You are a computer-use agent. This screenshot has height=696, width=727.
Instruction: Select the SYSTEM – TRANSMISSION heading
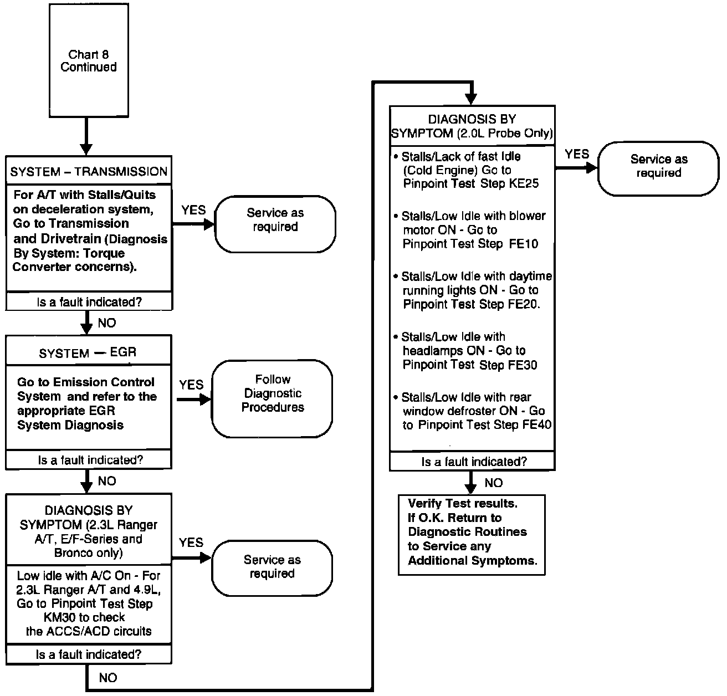pos(89,171)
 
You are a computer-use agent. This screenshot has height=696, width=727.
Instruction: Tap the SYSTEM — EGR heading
pos(88,352)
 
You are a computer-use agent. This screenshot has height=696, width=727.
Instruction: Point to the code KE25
pos(524,183)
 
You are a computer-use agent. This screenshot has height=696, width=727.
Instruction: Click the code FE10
pos(523,244)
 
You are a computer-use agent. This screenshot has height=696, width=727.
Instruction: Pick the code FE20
pos(523,304)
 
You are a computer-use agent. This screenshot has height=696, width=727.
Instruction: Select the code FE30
pos(523,365)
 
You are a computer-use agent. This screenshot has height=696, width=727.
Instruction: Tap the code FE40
pos(537,425)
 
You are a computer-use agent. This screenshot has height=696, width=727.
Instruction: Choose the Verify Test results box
pos(472,532)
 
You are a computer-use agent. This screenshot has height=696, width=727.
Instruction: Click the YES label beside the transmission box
pos(193,210)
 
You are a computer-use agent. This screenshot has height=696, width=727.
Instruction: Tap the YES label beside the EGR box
pos(191,385)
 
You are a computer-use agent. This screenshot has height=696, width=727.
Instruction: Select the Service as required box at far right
pos(658,166)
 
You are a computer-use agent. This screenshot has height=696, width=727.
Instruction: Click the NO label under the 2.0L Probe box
pos(493,483)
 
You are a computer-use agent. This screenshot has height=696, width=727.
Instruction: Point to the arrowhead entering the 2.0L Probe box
pos(471,100)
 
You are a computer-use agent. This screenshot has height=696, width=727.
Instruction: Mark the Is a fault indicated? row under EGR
pos(89,460)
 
